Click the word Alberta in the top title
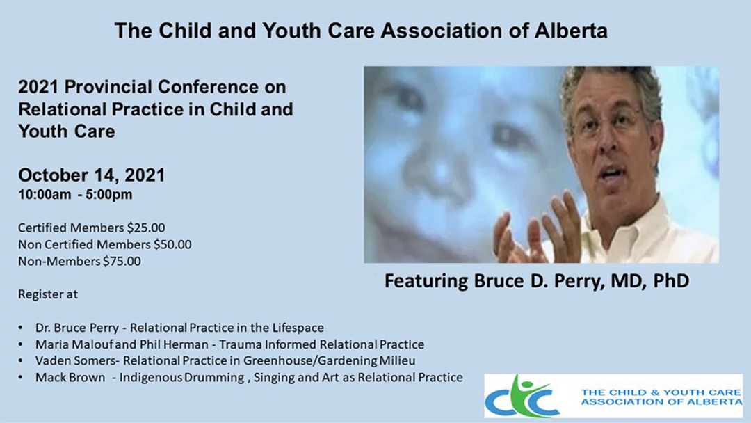pyautogui.click(x=571, y=31)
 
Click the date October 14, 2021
pyautogui.click(x=92, y=175)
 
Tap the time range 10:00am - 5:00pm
pyautogui.click(x=75, y=195)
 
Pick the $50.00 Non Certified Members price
pyautogui.click(x=172, y=244)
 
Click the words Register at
pyautogui.click(x=48, y=294)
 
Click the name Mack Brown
pyautogui.click(x=70, y=378)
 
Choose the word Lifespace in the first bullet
pyautogui.click(x=298, y=328)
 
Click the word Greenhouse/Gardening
pyautogui.click(x=310, y=360)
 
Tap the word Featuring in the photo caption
pyautogui.click(x=426, y=280)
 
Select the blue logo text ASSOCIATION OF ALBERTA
pyautogui.click(x=661, y=402)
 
